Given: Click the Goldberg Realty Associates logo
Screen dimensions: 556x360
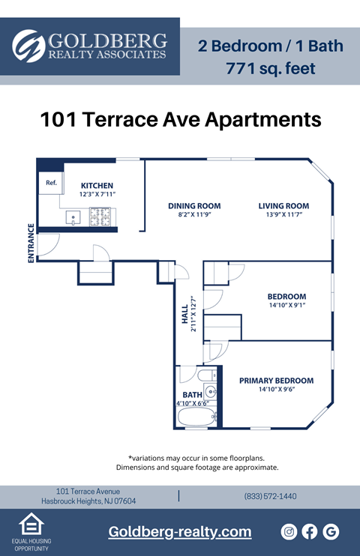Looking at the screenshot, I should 90,46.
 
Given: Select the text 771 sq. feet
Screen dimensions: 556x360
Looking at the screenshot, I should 270,70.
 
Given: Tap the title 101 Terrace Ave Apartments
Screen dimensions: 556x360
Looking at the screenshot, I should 180,120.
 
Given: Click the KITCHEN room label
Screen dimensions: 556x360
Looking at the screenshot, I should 97,186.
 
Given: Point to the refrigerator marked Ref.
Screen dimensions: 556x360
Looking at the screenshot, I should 51,183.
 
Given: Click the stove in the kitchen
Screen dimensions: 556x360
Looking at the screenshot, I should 100,217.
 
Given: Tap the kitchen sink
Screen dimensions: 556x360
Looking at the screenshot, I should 73,218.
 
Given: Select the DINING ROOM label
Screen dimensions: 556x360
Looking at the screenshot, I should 194,206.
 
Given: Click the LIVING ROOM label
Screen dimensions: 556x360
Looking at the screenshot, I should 283,206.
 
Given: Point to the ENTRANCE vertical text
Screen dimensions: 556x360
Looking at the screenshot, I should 31,243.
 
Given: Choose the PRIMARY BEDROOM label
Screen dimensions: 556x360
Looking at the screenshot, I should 276,381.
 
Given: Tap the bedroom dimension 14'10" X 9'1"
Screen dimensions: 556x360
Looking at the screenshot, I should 286,305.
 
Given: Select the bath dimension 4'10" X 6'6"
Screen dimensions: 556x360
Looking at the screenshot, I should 193,404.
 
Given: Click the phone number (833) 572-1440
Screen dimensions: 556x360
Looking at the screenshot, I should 270,496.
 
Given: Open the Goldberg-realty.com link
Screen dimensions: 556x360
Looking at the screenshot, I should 180,531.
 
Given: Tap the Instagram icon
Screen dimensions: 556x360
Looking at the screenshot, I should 289,531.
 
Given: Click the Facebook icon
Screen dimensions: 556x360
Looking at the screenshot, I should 310,531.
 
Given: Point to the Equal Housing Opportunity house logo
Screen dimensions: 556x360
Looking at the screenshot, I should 30,525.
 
